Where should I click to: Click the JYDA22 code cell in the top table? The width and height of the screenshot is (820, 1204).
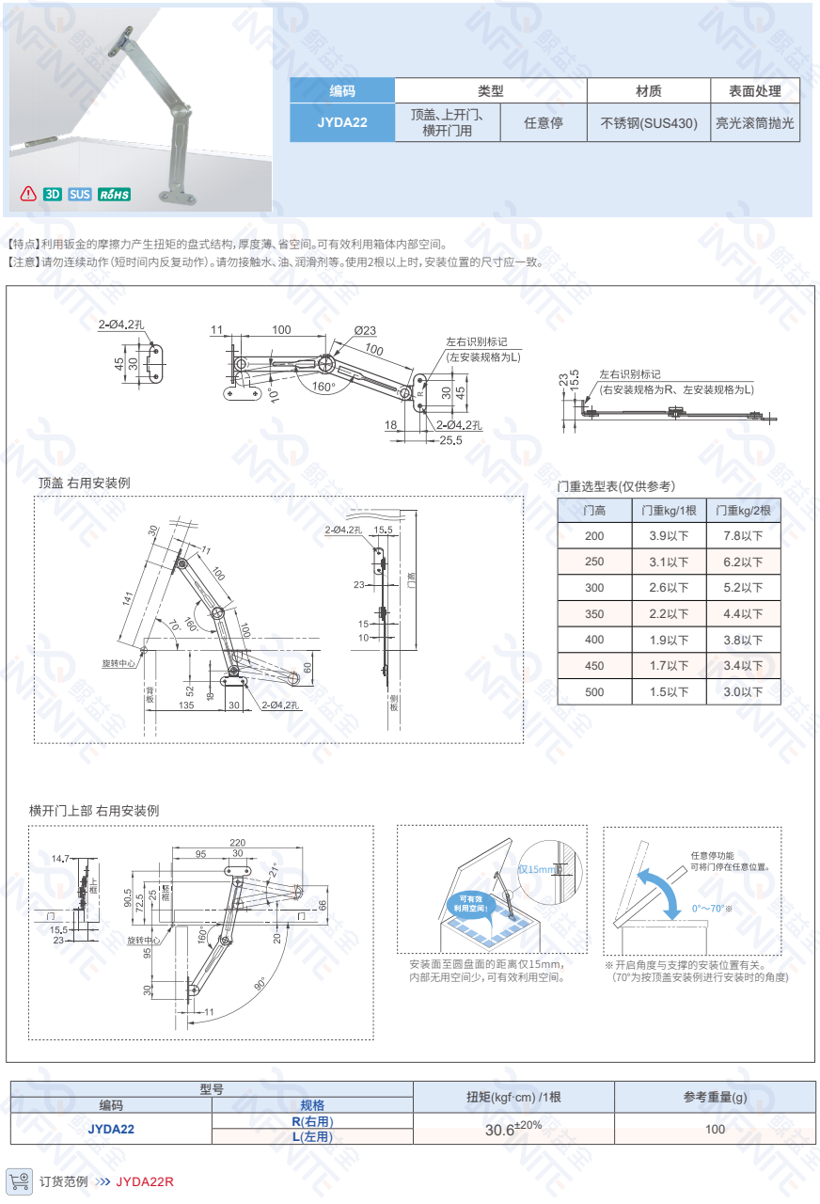point(341,122)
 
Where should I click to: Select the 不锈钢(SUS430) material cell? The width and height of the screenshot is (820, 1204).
point(648,122)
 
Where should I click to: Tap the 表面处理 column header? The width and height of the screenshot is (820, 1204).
point(754,91)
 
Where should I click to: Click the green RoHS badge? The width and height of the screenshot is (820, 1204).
point(114,195)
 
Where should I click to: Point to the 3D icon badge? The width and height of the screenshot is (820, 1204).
point(53,195)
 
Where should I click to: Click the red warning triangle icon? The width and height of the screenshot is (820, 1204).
point(28,195)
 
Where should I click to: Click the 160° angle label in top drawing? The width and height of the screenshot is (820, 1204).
point(323,387)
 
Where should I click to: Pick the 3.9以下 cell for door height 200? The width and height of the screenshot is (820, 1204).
point(669,535)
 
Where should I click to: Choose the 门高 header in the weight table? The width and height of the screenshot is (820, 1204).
point(594,510)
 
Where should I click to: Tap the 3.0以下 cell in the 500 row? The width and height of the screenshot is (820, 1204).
point(743,692)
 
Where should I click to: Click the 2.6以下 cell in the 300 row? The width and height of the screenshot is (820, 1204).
point(669,588)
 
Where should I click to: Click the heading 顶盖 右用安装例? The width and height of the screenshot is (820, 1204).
point(84,483)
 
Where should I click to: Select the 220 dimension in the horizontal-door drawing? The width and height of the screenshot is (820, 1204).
point(237,842)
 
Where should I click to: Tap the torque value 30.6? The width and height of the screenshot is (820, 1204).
point(504,1130)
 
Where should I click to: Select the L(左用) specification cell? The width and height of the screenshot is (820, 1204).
point(312,1136)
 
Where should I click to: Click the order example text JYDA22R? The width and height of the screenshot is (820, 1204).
point(145,1181)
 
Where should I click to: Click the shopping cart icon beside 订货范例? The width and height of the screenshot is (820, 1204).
point(19,1180)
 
